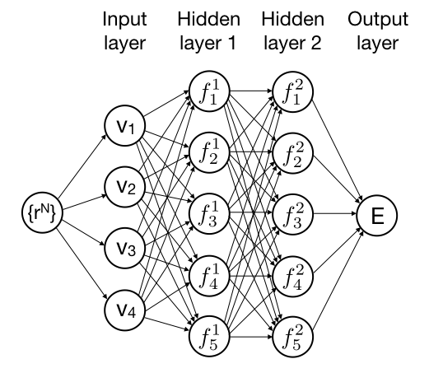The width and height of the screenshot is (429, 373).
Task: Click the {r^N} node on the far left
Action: [x=42, y=213]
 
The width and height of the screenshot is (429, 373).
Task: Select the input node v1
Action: [x=125, y=126]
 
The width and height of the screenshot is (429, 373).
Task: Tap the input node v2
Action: [x=125, y=187]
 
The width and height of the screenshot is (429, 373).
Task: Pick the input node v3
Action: [x=125, y=248]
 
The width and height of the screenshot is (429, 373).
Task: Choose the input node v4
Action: [x=125, y=310]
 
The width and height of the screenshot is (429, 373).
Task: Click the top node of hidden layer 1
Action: [x=209, y=91]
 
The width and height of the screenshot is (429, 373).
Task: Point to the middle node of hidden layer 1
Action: [x=209, y=214]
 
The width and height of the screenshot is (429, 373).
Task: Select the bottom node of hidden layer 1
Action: [x=209, y=337]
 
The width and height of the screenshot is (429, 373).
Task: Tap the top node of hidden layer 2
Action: [x=293, y=91]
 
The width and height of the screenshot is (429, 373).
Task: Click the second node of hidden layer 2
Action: [x=293, y=152]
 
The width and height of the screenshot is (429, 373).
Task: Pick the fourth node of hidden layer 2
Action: [x=293, y=276]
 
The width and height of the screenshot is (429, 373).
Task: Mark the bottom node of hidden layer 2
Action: [x=293, y=337]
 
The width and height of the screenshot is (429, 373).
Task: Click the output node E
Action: [x=376, y=215]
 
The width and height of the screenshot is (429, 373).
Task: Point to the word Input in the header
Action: [x=125, y=20]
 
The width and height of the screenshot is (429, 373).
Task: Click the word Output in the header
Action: [x=378, y=19]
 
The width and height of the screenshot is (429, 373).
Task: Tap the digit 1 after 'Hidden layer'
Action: [x=231, y=43]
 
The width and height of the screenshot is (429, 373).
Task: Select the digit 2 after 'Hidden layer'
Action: [x=316, y=43]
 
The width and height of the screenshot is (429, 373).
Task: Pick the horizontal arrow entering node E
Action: [x=335, y=213]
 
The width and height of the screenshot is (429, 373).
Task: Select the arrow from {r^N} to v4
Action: [x=82, y=263]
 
